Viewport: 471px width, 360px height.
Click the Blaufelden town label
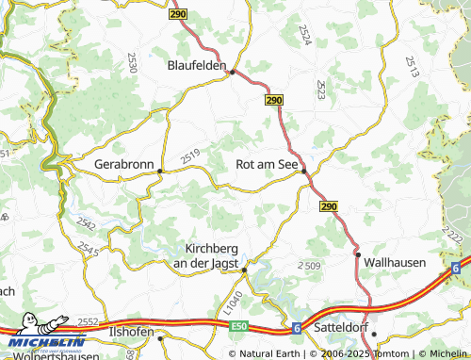point(197,66)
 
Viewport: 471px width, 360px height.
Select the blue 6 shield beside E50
point(295,327)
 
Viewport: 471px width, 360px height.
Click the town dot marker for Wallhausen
point(357,254)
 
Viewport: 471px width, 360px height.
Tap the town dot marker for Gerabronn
point(160,172)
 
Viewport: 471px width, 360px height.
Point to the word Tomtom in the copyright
point(354,353)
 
